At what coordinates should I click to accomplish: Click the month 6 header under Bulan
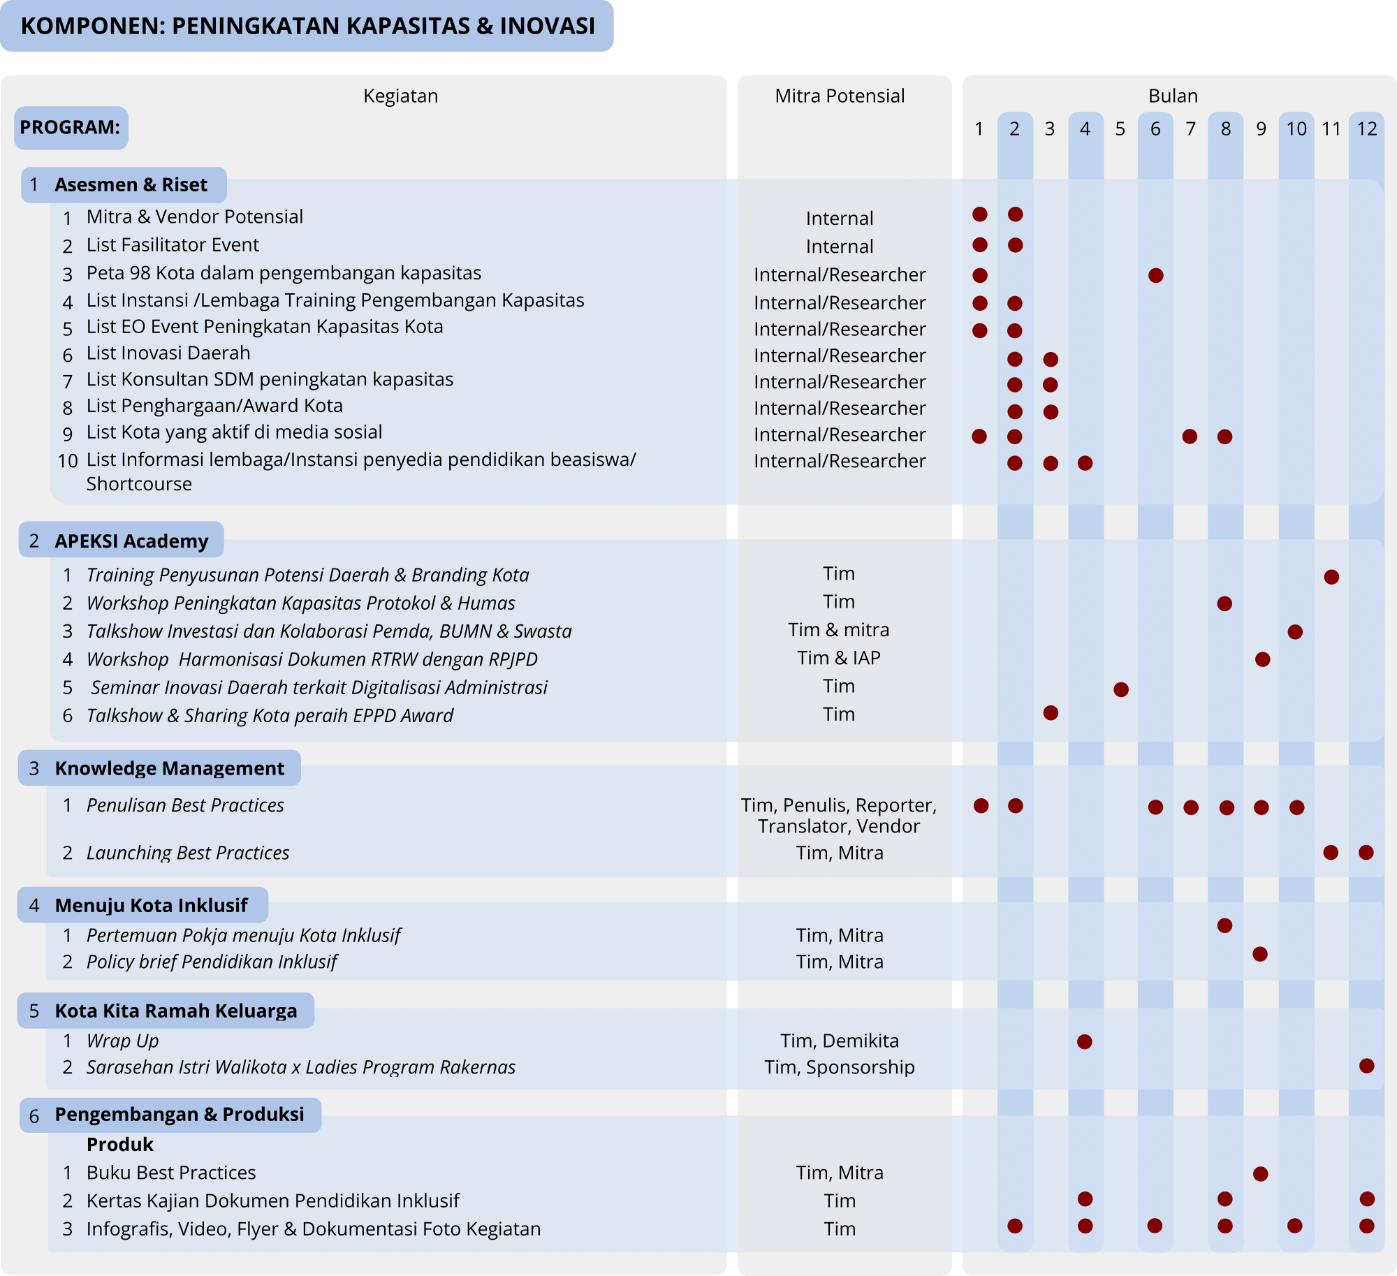pos(1155,129)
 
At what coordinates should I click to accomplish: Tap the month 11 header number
pos(1331,129)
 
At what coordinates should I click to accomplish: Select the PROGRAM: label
pos(70,127)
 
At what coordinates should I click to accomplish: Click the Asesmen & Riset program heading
pos(131,184)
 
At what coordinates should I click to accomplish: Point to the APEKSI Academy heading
pos(131,541)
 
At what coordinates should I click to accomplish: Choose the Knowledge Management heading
pos(169,768)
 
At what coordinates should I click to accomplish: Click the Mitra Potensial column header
pos(840,96)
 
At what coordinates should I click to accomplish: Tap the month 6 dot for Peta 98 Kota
pos(1156,275)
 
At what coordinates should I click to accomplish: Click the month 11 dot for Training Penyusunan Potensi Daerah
pos(1331,577)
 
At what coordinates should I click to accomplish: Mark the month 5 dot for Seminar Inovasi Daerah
pos(1121,689)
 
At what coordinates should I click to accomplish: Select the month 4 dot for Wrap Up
pos(1085,1042)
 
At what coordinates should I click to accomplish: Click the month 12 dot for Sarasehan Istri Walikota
pos(1367,1066)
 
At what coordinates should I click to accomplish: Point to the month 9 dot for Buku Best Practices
pos(1261,1173)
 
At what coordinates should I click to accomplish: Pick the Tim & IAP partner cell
pos(839,658)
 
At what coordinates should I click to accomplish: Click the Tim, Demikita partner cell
pos(840,1041)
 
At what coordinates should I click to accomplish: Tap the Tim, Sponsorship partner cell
pos(840,1067)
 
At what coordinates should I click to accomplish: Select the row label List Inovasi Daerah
pos(168,353)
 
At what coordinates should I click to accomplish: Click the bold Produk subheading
pos(120,1144)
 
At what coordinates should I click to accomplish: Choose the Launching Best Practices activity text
pos(188,853)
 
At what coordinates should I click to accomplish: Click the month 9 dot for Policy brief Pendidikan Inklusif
pos(1260,954)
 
